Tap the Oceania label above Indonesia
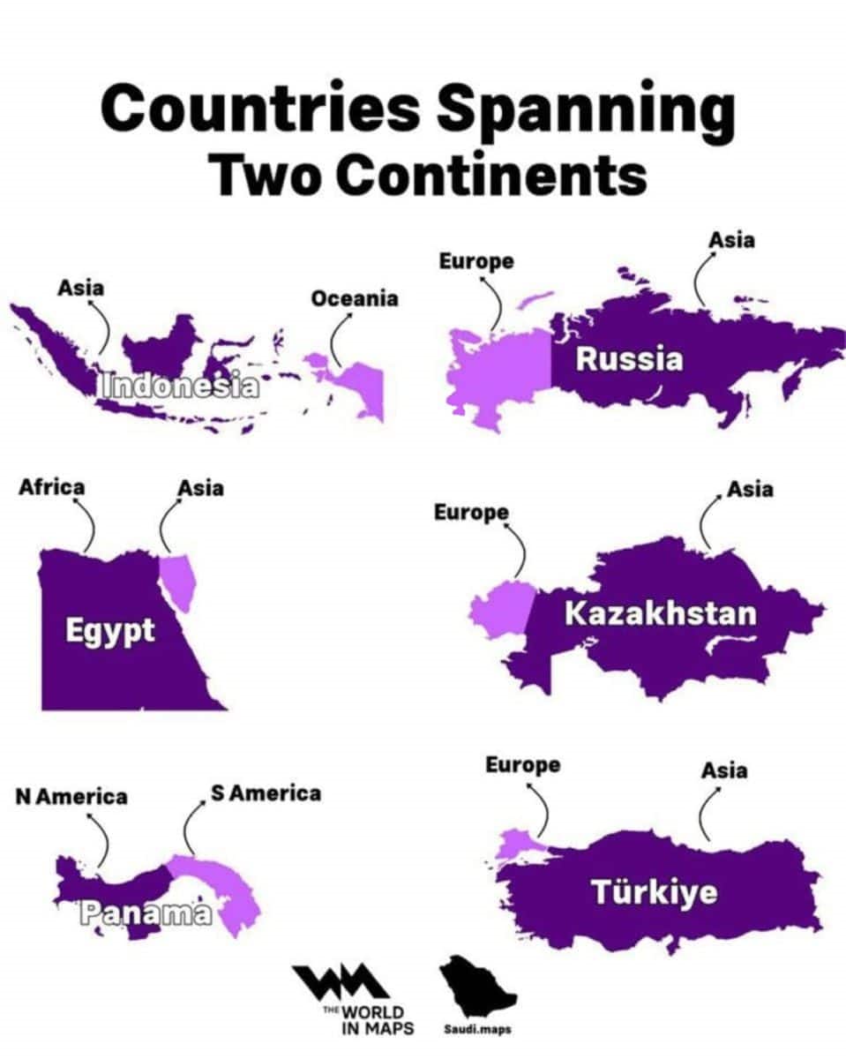[x=354, y=298]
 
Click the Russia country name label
[x=629, y=359]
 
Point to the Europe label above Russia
[x=475, y=261]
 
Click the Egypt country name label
[x=110, y=631]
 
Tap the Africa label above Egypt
[x=52, y=487]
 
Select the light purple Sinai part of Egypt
[x=181, y=579]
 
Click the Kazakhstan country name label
[x=660, y=613]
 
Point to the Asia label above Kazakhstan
[x=750, y=488]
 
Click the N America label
[x=71, y=797]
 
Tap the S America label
[x=266, y=792]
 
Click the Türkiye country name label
[x=654, y=893]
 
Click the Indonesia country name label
[x=180, y=387]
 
